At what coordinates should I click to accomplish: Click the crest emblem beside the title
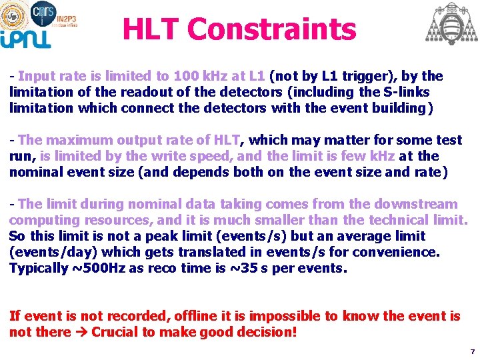point(452,23)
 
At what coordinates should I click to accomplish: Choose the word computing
point(41,220)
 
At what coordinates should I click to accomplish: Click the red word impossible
point(274,316)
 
